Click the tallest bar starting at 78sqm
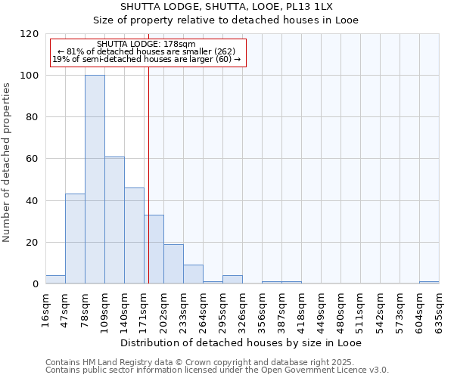[95, 180]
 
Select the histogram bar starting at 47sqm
[75, 239]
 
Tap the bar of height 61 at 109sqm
[114, 220]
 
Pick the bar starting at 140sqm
[134, 236]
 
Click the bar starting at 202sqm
[173, 264]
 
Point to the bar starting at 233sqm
[193, 274]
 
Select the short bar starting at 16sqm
[55, 280]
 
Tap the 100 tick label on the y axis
[29, 76]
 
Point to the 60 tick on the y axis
[32, 159]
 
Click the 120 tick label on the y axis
[29, 34]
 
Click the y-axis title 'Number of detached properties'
[7, 163]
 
